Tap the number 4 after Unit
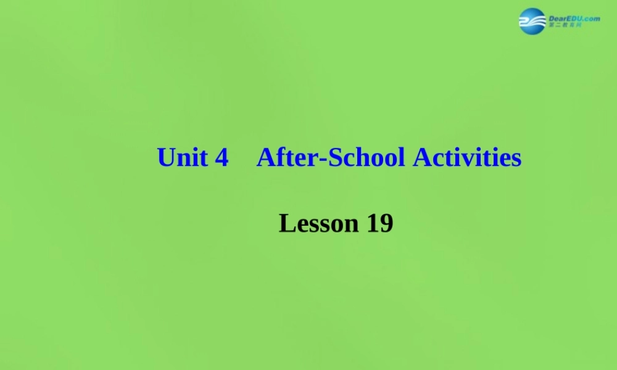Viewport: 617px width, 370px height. coord(222,158)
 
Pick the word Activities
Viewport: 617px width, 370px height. coord(467,158)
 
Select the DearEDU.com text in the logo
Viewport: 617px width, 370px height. coord(574,18)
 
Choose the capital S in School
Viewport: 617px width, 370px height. coord(334,158)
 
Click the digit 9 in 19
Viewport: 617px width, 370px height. coord(386,223)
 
